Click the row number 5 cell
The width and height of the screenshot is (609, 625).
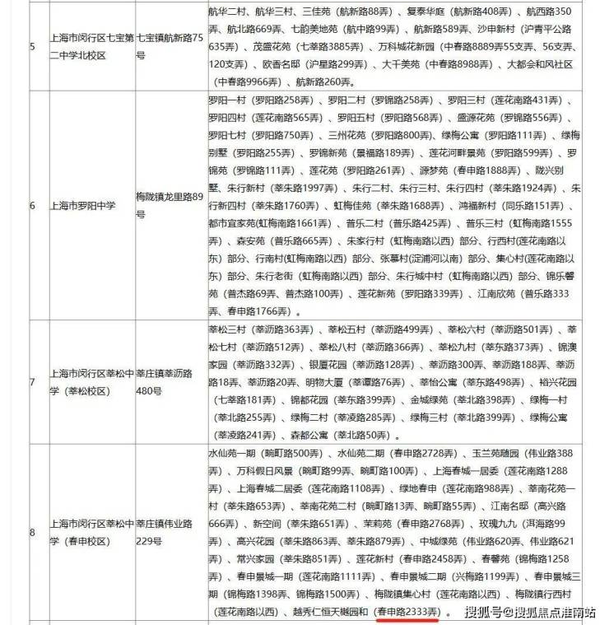32,46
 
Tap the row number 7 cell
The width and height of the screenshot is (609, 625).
32,381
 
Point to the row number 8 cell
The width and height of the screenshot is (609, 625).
32,532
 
